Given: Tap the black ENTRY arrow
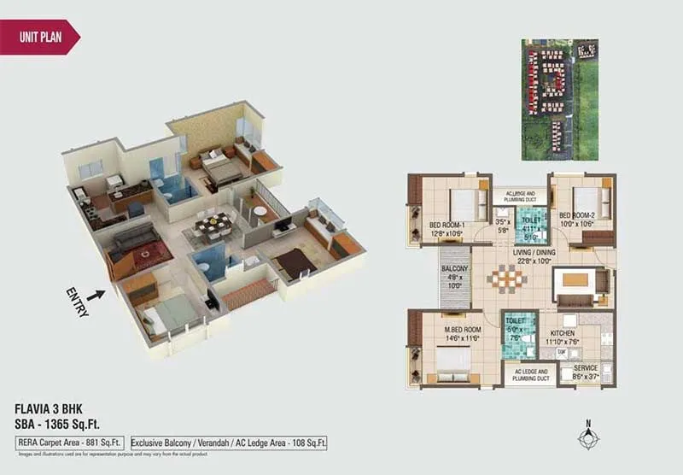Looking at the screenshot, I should point(96,295).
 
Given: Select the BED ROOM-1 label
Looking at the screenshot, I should point(446,226).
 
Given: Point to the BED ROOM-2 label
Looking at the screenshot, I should point(577,215).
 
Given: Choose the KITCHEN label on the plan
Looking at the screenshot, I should point(563,334).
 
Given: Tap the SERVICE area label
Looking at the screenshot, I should point(585,368).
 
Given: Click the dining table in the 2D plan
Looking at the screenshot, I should point(511,280).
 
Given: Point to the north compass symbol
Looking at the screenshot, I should point(588,437).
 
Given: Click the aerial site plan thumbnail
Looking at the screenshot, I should point(561,99).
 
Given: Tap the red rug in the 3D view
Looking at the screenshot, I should point(150,254).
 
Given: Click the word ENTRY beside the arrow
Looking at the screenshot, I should point(77,302).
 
